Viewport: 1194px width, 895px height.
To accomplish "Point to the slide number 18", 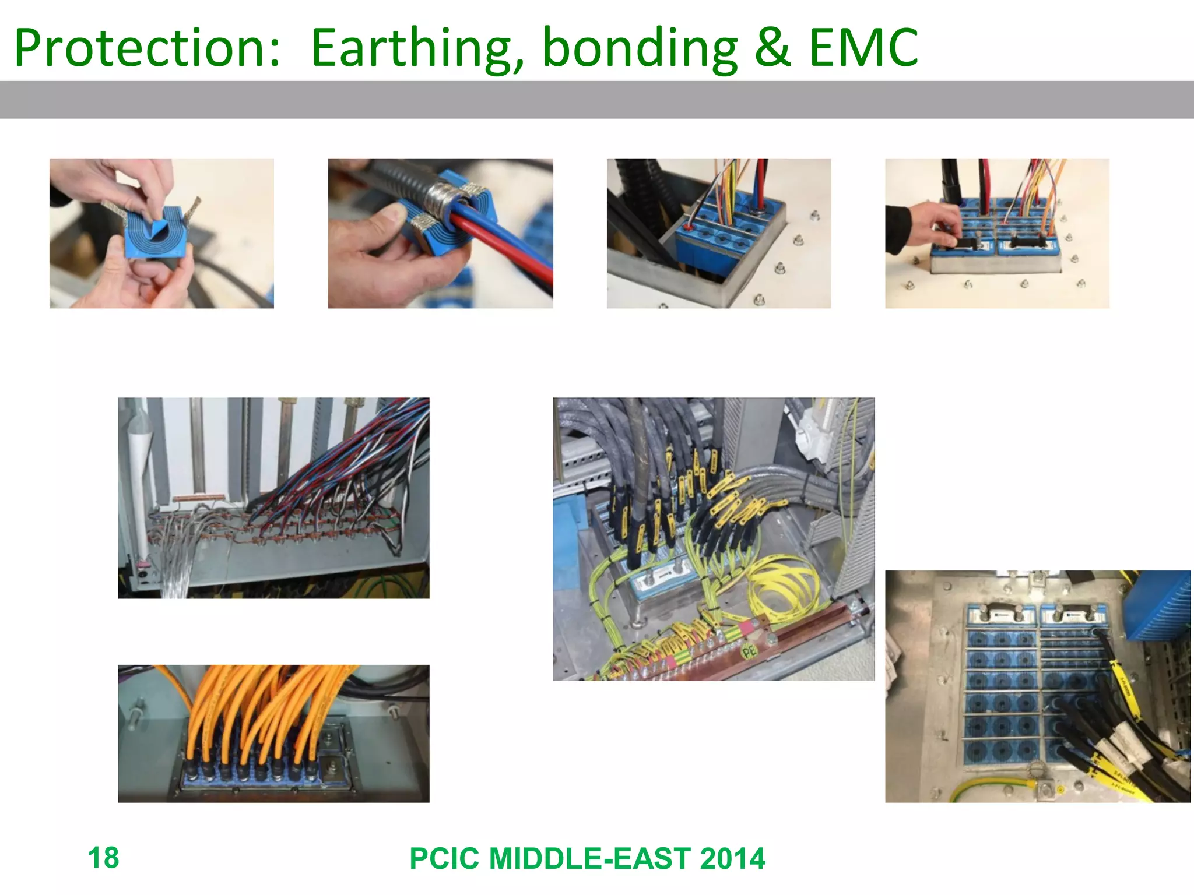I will pyautogui.click(x=103, y=858).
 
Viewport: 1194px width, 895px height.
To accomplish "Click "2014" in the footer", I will pyautogui.click(x=732, y=859).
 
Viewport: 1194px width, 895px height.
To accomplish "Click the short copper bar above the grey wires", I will pyautogui.click(x=199, y=498).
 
